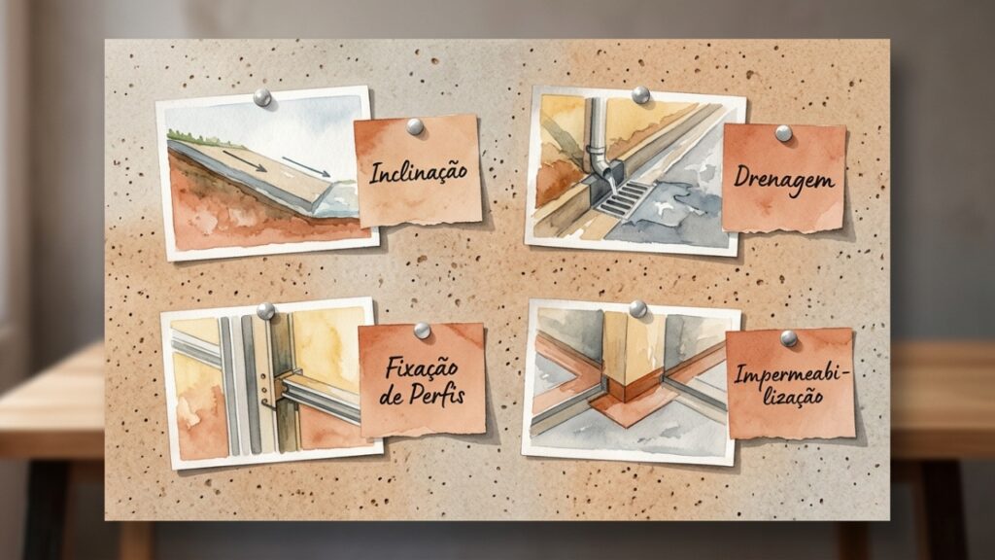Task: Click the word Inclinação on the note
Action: pos(418,172)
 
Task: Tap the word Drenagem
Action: pos(784,180)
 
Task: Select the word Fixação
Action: pos(422,367)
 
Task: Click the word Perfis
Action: pos(436,395)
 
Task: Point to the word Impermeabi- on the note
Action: pos(791,374)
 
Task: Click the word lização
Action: pos(793,398)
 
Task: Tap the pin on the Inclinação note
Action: pos(414,126)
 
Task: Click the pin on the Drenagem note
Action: pos(783,133)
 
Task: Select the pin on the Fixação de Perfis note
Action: pos(422,331)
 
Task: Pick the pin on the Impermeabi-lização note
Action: pos(789,337)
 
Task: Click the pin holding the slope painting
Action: pos(262,97)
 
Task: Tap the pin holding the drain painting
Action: pos(640,95)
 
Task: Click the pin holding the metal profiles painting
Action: pos(265,311)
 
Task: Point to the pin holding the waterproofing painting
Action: pos(637,309)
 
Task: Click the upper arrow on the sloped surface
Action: pos(244,160)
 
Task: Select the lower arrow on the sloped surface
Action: pos(306,167)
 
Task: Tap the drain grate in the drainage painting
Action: pos(622,197)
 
